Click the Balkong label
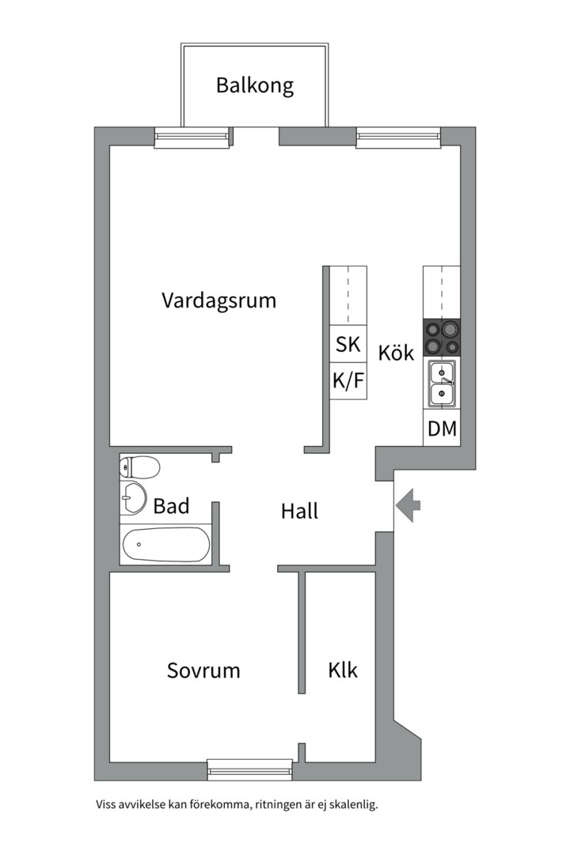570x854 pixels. click(x=255, y=85)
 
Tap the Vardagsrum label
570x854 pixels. click(x=219, y=300)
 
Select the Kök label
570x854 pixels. click(x=396, y=353)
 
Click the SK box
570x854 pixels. click(x=348, y=345)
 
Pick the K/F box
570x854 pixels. click(x=348, y=381)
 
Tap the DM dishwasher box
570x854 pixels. click(x=442, y=429)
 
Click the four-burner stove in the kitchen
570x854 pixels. click(x=442, y=338)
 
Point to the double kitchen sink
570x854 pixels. click(x=442, y=383)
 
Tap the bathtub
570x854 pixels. click(x=166, y=544)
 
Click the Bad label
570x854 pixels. click(x=172, y=506)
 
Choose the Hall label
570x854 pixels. click(x=299, y=512)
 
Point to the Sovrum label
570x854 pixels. click(x=203, y=671)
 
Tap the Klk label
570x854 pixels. click(x=343, y=671)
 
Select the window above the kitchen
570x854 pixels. click(x=397, y=138)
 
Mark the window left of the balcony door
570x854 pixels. click(x=191, y=138)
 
